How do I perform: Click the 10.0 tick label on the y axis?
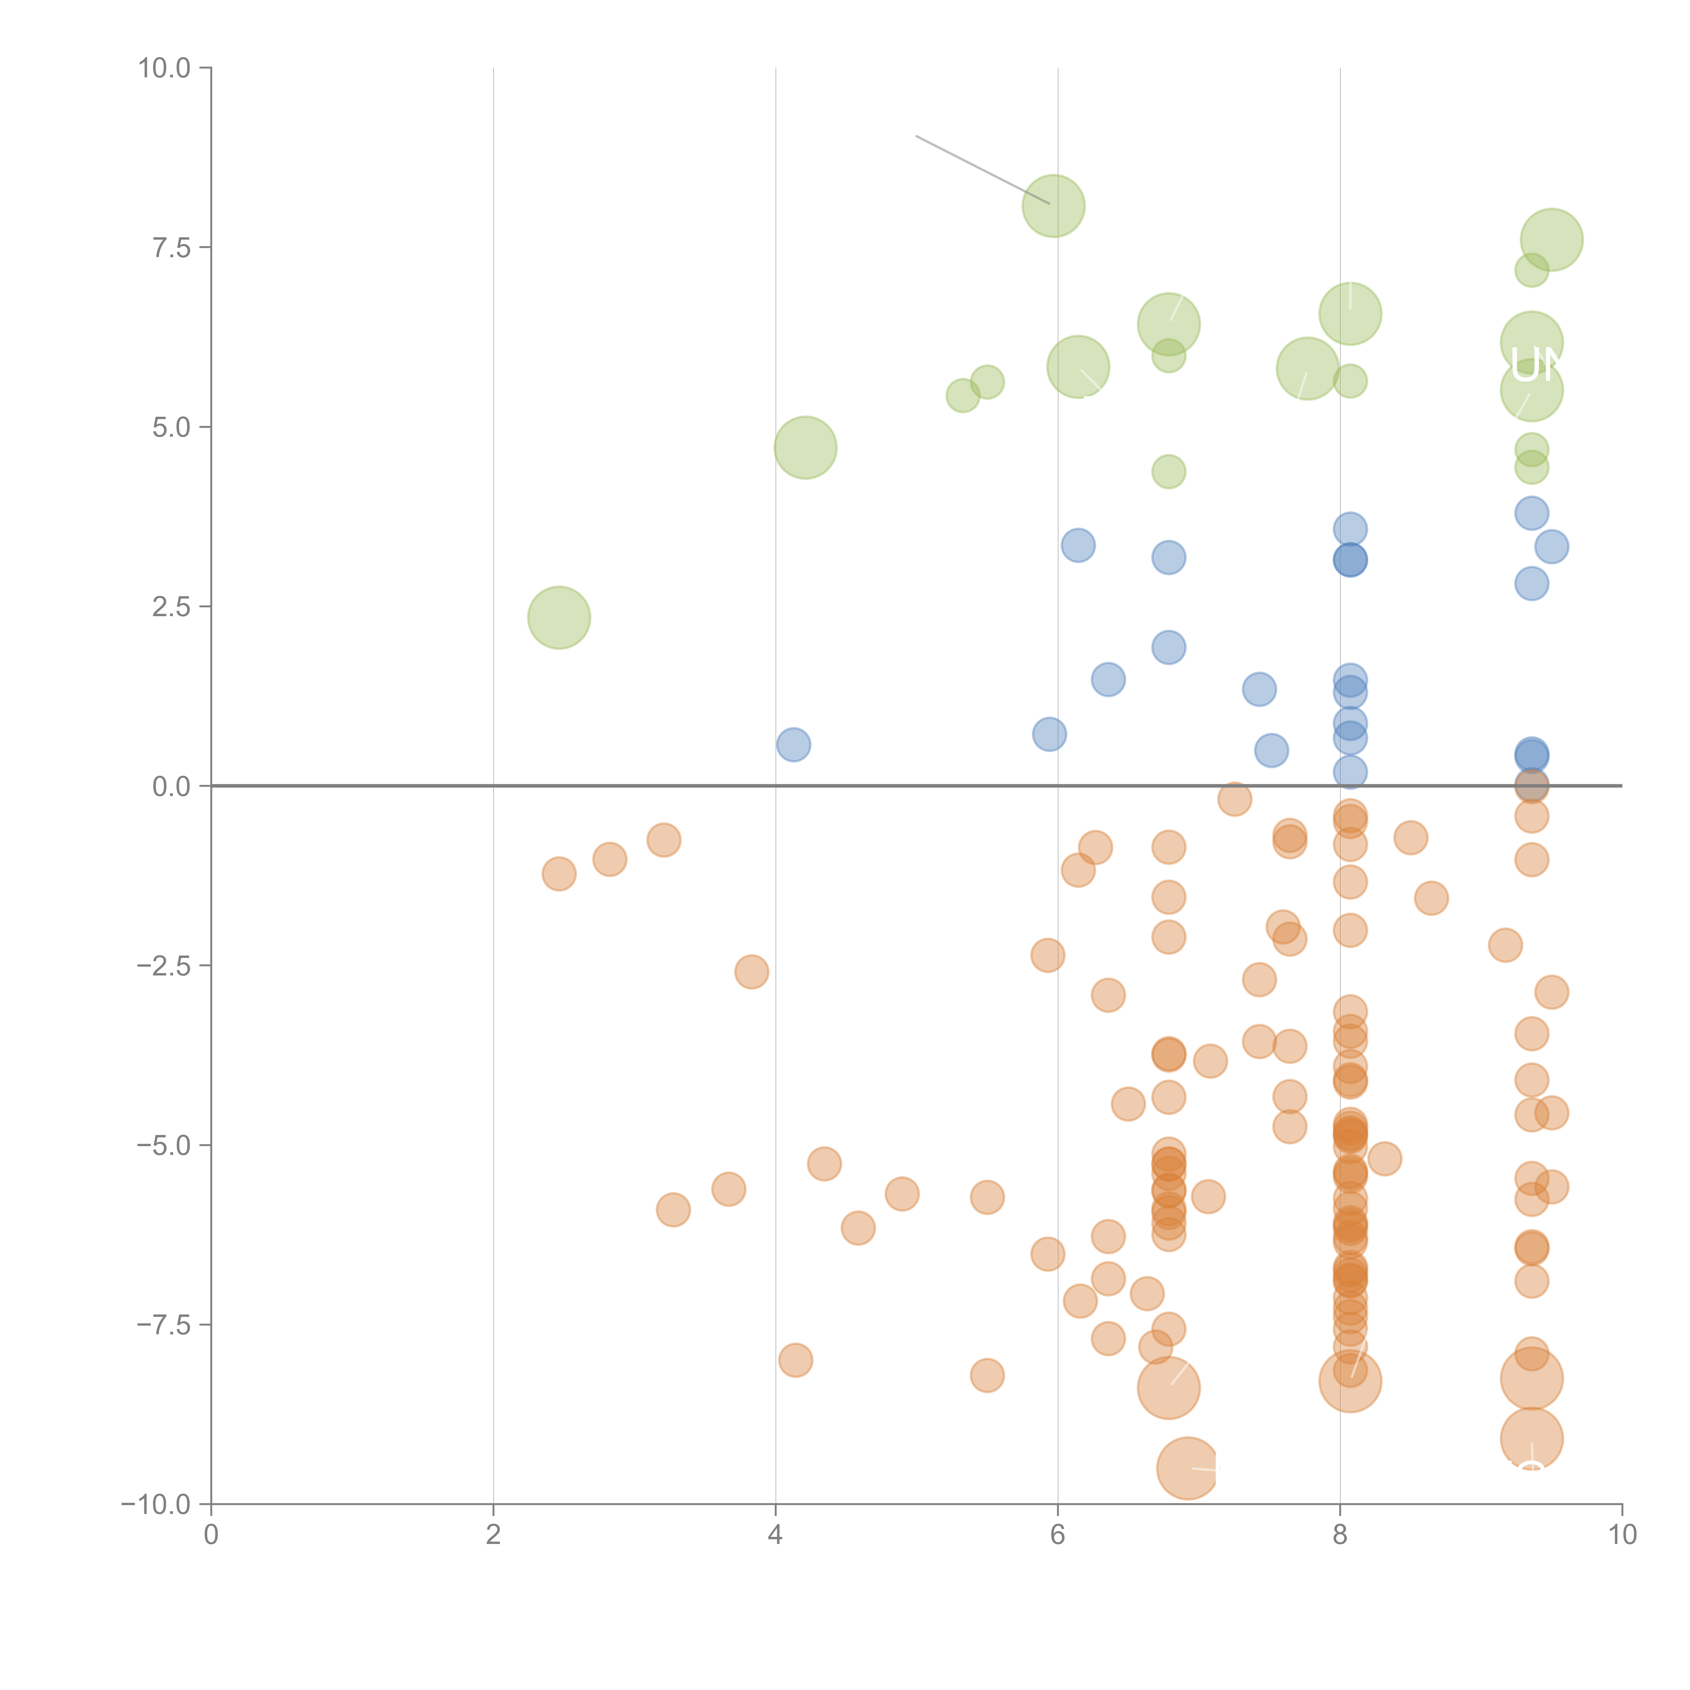coord(165,68)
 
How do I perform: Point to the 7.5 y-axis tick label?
coord(171,247)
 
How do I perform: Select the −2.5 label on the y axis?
coord(164,966)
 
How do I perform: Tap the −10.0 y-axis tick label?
coord(156,1504)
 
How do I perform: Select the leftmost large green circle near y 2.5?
coord(559,618)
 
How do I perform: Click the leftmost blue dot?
coord(793,744)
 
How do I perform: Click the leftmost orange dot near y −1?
coord(559,874)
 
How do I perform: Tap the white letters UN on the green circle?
coord(1537,366)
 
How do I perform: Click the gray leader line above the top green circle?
coord(980,169)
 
